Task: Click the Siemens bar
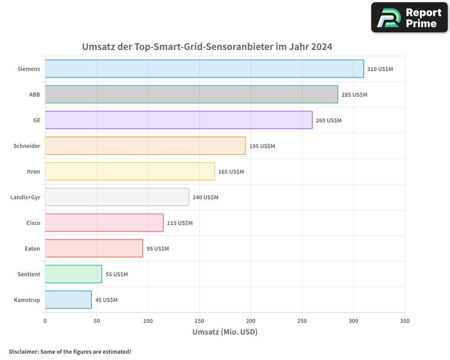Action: pos(204,69)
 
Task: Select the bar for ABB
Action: pos(191,94)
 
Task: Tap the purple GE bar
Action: pos(179,120)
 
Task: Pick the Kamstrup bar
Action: pos(68,300)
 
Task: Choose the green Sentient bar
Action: pos(73,274)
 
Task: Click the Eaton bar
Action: pos(94,248)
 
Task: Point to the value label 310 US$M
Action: pos(380,69)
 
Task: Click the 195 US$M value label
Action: pos(262,146)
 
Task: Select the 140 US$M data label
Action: pos(205,198)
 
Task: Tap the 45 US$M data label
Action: pos(106,300)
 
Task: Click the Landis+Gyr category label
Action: pos(25,197)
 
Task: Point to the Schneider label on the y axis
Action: pos(27,146)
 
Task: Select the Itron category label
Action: pos(33,171)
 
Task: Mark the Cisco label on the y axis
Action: pos(33,223)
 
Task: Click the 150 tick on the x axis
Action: pos(199,321)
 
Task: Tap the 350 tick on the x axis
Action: pos(405,321)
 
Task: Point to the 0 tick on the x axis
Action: pos(45,321)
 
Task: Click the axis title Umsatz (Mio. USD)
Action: pos(225,332)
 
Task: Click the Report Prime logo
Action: pos(409,18)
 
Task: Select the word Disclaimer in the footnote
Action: pos(23,351)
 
